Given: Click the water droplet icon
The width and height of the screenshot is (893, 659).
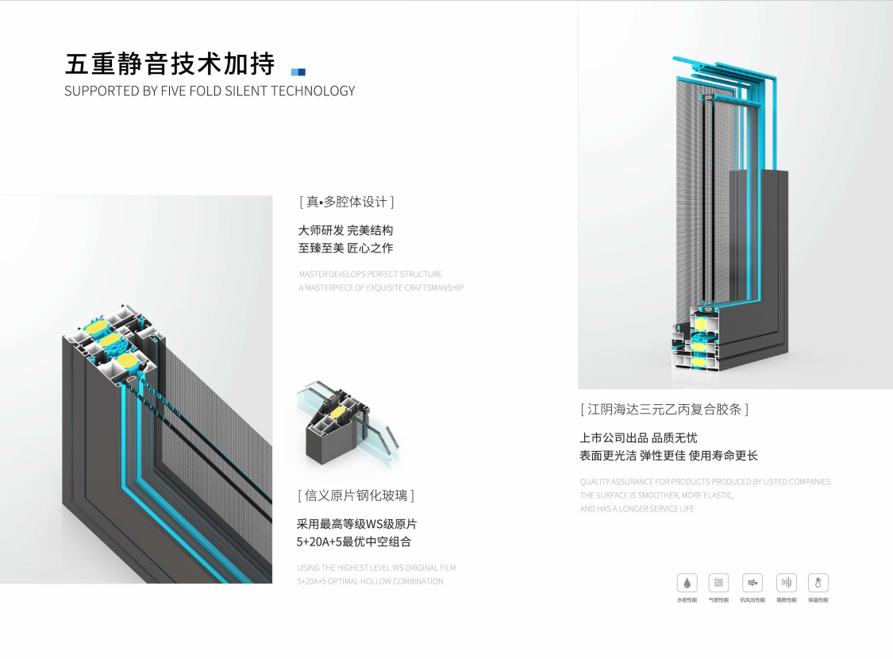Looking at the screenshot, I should [x=687, y=584].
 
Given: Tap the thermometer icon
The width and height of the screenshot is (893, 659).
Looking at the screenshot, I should [x=818, y=584].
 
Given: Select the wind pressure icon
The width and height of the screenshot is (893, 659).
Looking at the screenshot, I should [x=753, y=584].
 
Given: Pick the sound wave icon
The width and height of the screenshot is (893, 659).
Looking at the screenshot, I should [x=786, y=584].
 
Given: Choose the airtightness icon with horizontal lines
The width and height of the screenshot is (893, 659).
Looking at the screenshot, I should [x=719, y=584].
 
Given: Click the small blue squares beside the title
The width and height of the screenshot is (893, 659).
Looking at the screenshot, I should [x=298, y=71].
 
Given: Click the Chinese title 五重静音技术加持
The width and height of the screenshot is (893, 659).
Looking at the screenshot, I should [x=170, y=63].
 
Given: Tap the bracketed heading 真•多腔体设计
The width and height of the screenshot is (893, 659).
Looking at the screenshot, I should [x=347, y=202].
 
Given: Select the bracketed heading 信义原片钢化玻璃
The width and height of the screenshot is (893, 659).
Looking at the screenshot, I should [x=356, y=495].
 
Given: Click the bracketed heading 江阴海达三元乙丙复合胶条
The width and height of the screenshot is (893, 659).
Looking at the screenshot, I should [x=664, y=410].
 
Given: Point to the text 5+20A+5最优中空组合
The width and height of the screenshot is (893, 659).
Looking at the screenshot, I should [x=354, y=542].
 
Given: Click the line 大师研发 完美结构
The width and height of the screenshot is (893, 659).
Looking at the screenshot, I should [x=345, y=230].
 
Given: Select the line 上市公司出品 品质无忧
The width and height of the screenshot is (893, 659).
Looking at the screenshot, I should [x=638, y=437].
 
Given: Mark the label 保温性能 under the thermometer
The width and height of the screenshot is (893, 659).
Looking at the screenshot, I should [x=818, y=600].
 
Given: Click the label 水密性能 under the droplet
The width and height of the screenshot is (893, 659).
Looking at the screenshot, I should [x=687, y=600].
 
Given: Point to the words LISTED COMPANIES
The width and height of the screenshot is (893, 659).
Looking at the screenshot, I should [x=797, y=482].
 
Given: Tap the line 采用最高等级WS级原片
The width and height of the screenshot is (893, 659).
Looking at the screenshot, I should [x=356, y=524].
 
